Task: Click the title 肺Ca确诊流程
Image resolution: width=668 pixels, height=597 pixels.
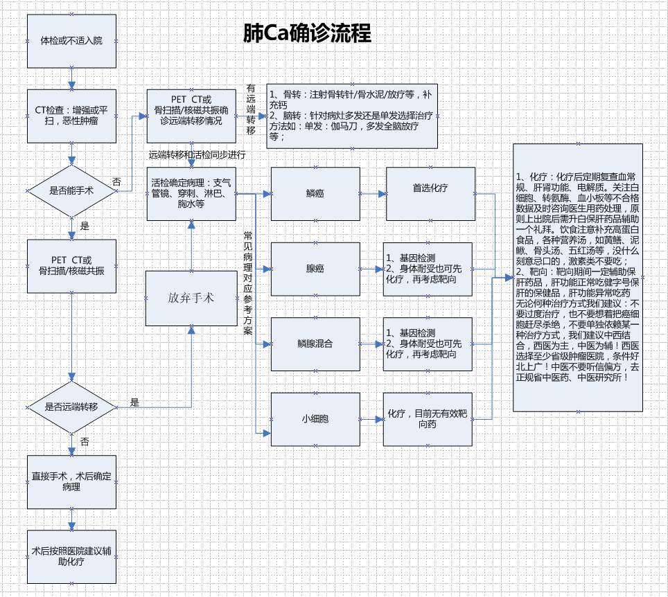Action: coord(307,33)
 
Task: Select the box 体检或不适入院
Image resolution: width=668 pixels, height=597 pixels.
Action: coord(71,42)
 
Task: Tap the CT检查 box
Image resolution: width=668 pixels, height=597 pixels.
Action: coord(71,116)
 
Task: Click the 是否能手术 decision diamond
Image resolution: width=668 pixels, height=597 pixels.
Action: coord(71,190)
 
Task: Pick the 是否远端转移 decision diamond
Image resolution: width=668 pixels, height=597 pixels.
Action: coord(71,407)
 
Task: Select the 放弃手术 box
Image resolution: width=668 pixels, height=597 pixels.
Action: coord(191,298)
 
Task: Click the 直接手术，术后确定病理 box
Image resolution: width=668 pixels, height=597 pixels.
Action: coord(71,481)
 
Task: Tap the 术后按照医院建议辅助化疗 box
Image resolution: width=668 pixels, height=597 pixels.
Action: coord(71,557)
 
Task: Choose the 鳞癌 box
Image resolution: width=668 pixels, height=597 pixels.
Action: coord(315,193)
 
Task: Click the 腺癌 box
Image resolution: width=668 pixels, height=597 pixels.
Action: coord(315,269)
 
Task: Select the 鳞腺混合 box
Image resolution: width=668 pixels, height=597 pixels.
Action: coord(315,344)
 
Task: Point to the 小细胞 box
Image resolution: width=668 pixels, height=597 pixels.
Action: coord(315,419)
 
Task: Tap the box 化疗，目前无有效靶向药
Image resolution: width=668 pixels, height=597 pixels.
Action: coord(427,419)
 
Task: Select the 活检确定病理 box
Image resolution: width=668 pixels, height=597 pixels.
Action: coord(191,193)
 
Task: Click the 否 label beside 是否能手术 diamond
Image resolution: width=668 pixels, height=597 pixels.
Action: coord(116,182)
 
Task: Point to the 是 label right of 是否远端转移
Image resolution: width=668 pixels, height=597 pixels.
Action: coord(134,402)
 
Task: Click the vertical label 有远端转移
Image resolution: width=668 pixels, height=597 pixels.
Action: coord(251,110)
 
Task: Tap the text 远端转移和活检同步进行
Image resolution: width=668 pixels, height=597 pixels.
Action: coord(197,154)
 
